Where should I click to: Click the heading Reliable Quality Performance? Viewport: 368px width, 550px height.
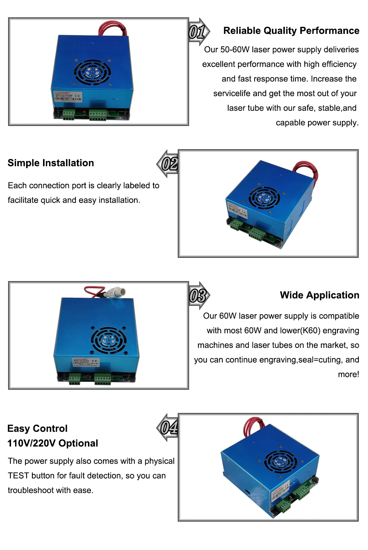click(x=291, y=31)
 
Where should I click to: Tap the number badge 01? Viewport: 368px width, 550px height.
click(x=197, y=32)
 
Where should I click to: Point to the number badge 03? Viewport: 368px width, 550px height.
click(x=198, y=295)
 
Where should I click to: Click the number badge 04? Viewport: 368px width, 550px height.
click(x=169, y=427)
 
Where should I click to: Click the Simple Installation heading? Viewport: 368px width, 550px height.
click(x=51, y=163)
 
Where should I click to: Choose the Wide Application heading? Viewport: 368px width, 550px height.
click(x=319, y=295)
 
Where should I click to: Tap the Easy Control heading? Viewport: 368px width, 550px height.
click(x=38, y=428)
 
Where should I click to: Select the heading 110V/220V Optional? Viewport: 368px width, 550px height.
click(x=53, y=443)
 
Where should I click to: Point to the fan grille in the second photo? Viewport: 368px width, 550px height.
click(x=264, y=198)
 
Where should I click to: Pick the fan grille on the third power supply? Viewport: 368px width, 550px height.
click(x=109, y=340)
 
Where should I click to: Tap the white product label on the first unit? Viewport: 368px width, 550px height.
click(x=67, y=99)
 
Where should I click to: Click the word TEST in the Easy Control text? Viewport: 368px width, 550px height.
click(x=18, y=476)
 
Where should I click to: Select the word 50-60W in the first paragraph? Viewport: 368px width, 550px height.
click(x=235, y=49)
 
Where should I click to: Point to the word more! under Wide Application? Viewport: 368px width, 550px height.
click(x=348, y=374)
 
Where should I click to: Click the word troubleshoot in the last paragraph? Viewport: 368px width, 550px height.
click(x=29, y=490)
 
